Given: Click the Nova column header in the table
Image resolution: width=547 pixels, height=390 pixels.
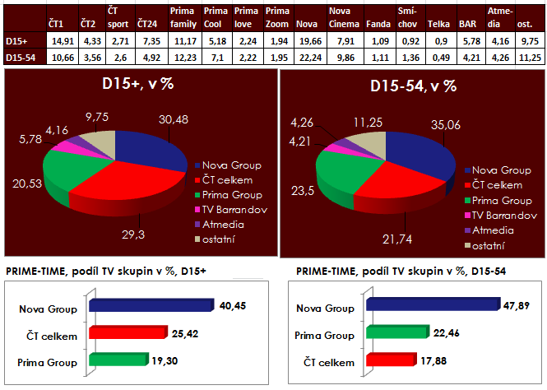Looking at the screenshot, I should (x=307, y=26).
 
